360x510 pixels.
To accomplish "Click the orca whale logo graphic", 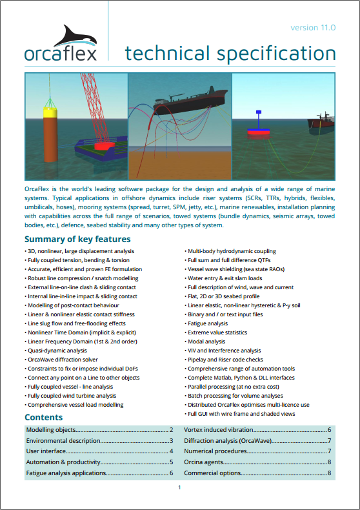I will click(69, 35).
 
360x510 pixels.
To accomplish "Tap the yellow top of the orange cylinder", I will click(50, 111).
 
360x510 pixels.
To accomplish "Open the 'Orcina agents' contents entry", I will click(205, 462).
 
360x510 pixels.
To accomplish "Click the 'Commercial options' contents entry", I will click(213, 473).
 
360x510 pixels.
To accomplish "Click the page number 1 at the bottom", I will click(179, 489).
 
